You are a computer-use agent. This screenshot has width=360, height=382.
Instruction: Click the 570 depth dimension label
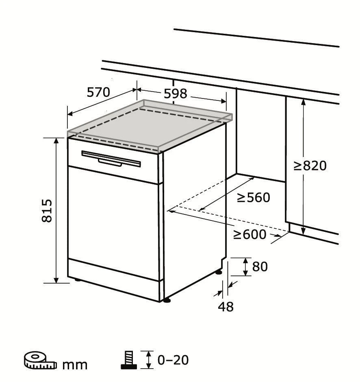pyautogui.click(x=98, y=93)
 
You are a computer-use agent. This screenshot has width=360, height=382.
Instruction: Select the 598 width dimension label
pyautogui.click(x=175, y=94)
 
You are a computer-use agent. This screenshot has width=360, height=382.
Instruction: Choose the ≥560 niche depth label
pyautogui.click(x=254, y=198)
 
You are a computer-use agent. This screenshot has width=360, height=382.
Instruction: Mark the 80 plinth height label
pyautogui.click(x=260, y=267)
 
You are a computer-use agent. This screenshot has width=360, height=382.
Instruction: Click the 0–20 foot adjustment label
pyautogui.click(x=173, y=360)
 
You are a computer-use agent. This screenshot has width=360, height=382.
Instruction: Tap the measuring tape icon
pyautogui.click(x=40, y=360)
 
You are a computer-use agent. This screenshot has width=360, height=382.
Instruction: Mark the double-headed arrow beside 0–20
pyautogui.click(x=149, y=360)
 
